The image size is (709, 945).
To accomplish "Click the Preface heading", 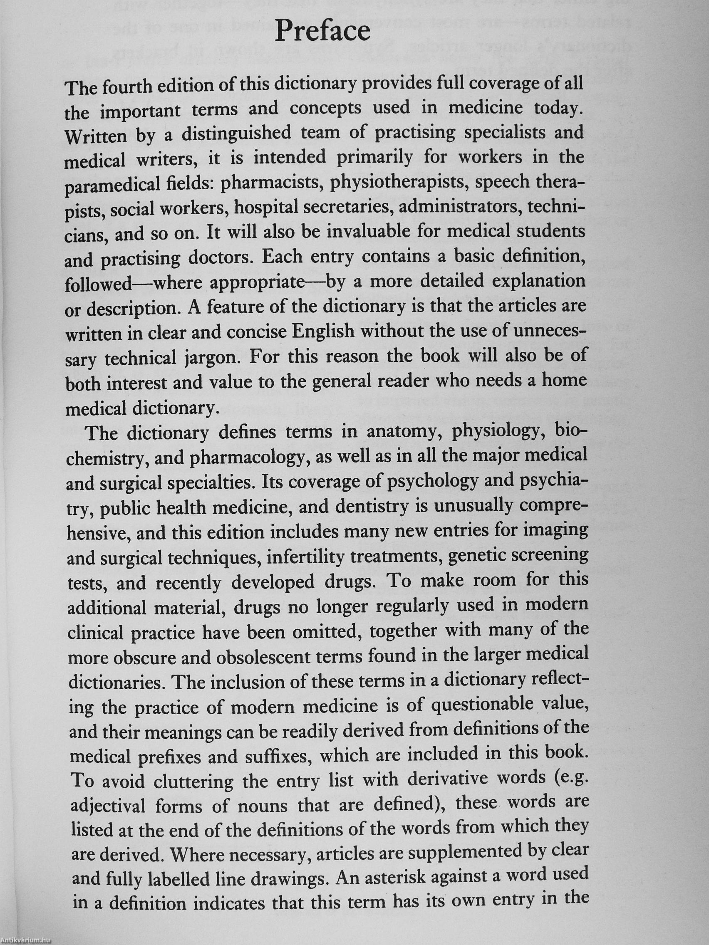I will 322,32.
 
